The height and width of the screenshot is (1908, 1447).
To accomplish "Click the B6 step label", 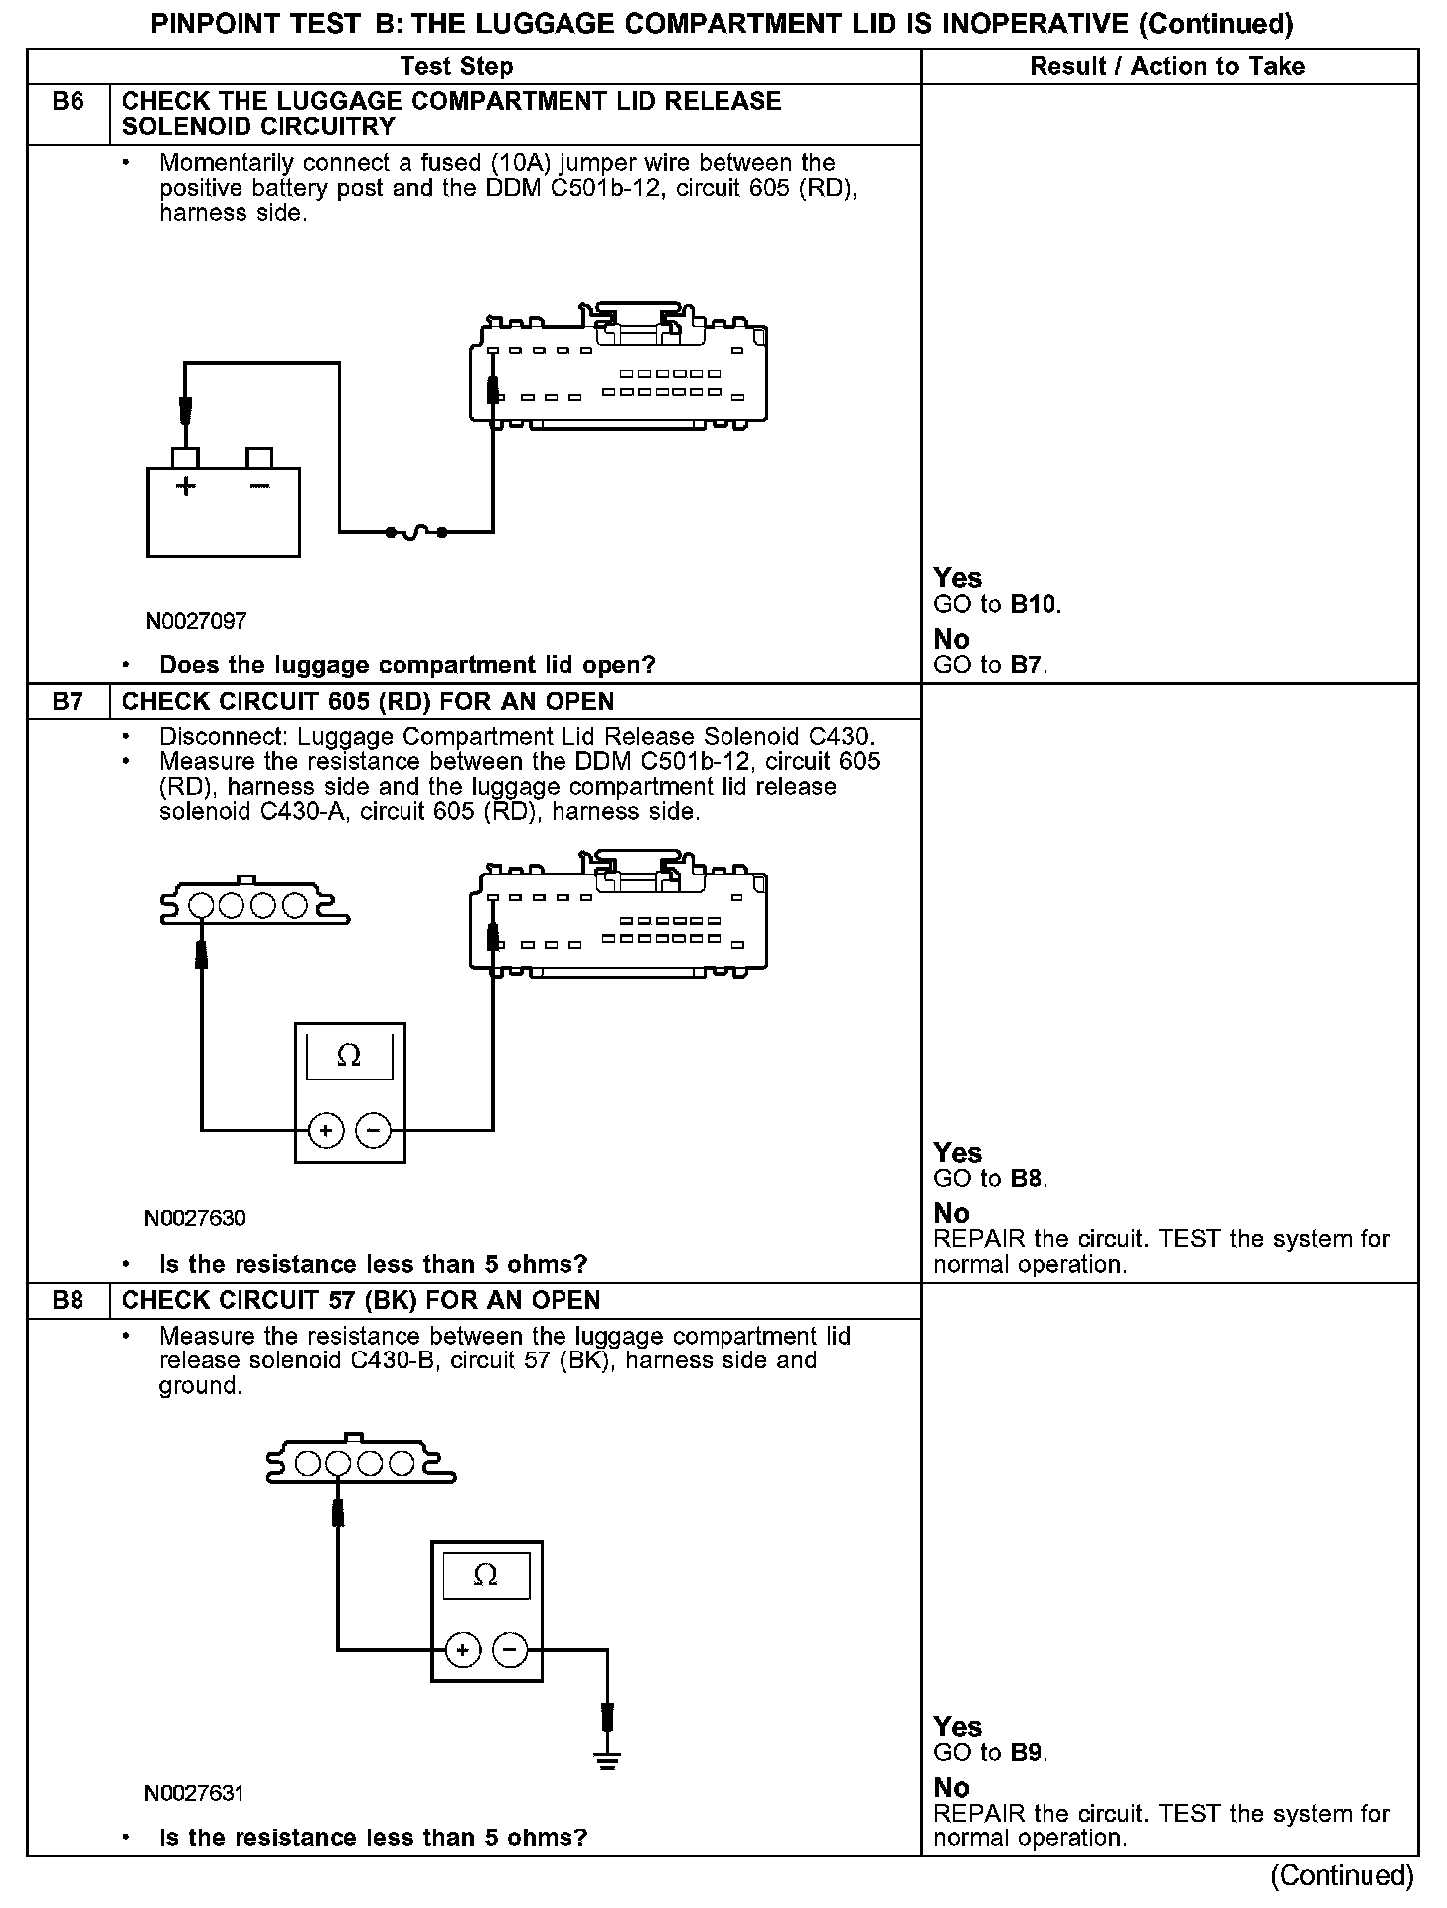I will point(68,101).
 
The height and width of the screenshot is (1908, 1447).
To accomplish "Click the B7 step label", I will point(68,701).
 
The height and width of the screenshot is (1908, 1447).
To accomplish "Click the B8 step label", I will point(68,1300).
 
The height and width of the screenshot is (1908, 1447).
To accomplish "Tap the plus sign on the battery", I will point(186,486).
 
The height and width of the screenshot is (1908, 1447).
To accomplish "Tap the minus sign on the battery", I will point(259,486).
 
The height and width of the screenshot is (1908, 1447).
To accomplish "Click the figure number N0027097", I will point(196,621).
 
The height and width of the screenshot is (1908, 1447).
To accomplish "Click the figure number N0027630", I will point(195,1218).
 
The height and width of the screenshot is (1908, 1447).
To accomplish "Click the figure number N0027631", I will point(195,1793).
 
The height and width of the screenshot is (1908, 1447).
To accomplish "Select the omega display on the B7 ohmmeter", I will point(350,1056).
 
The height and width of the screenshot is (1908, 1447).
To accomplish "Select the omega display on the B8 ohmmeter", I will point(486,1575).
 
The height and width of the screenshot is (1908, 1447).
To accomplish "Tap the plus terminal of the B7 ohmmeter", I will point(326,1130).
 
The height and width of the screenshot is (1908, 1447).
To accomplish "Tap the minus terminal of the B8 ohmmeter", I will point(510,1651).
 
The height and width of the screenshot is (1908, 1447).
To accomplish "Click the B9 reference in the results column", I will point(1028,1752).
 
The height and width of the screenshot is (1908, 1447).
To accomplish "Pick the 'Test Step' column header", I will point(456,66).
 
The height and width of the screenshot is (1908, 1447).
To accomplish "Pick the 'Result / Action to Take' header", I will point(1167,66).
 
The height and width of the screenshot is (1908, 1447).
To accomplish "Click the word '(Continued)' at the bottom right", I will point(1342,1875).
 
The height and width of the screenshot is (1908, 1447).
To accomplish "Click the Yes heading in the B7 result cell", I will point(957,1153).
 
